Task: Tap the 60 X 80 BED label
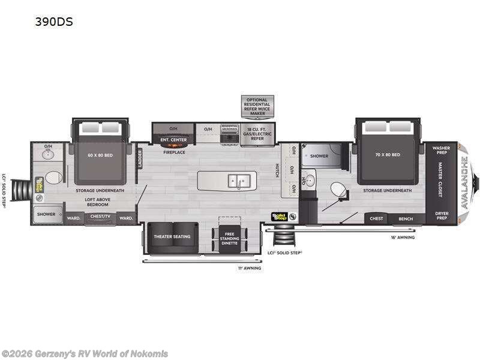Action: [x=100, y=154]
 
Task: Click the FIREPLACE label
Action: [x=173, y=152]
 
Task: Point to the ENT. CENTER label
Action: [x=173, y=140]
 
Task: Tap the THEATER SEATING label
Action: [x=173, y=236]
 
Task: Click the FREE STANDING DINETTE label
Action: [x=229, y=238]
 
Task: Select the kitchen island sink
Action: [x=238, y=180]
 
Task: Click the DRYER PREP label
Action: [x=442, y=215]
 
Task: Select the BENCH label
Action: [x=406, y=218]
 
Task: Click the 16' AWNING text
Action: [x=402, y=237]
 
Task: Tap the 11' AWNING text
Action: [x=249, y=268]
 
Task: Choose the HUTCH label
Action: [x=277, y=169]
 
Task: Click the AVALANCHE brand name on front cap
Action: [x=464, y=182]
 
